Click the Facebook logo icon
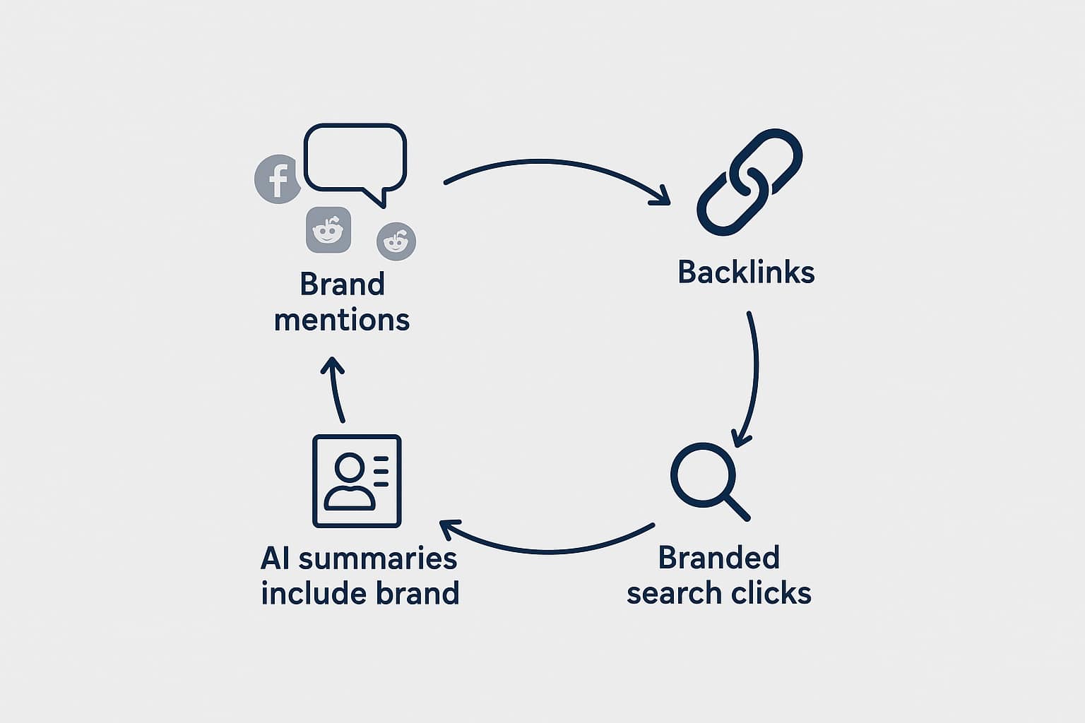[x=278, y=179]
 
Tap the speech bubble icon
[x=355, y=160]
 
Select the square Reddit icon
[x=328, y=229]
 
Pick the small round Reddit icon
[x=396, y=241]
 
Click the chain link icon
[x=749, y=182]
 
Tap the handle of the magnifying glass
[x=736, y=506]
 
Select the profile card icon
[x=357, y=481]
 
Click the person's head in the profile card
[x=349, y=467]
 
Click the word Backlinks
[x=746, y=273]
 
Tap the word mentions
[x=342, y=320]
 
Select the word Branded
[x=718, y=558]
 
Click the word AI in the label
[x=275, y=558]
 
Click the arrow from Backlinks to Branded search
[x=754, y=374]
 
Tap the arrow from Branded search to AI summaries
[x=544, y=548]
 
